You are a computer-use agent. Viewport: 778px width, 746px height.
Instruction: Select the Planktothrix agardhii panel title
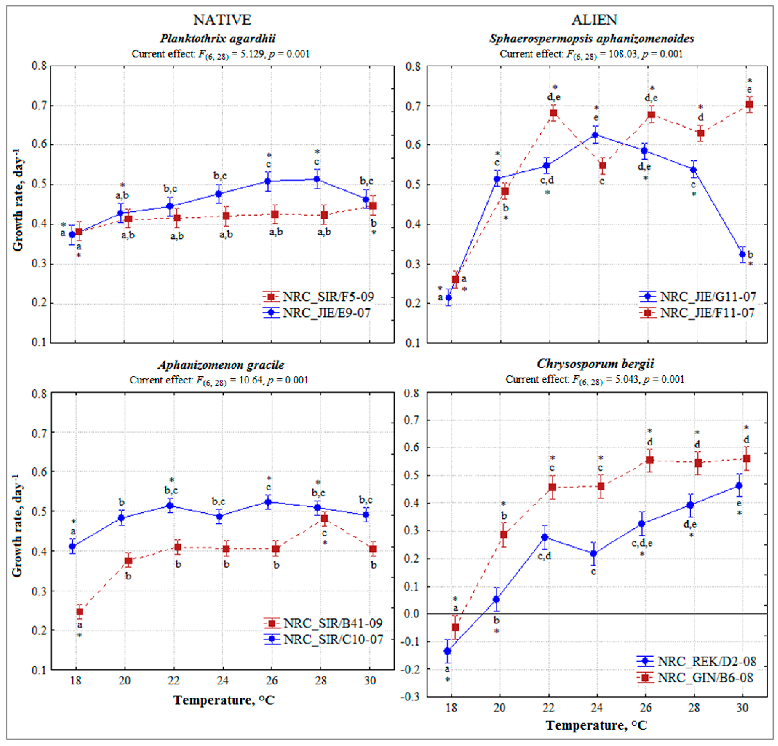coord(218,39)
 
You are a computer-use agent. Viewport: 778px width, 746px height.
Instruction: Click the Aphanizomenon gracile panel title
coord(221,365)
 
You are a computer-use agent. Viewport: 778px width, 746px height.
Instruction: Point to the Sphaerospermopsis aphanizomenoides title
coord(591,39)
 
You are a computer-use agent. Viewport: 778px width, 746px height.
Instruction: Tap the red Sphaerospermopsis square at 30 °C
coord(749,105)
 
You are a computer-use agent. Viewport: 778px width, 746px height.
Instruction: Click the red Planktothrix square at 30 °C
coord(373,206)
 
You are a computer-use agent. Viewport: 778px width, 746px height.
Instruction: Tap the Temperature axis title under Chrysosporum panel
coord(597,725)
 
